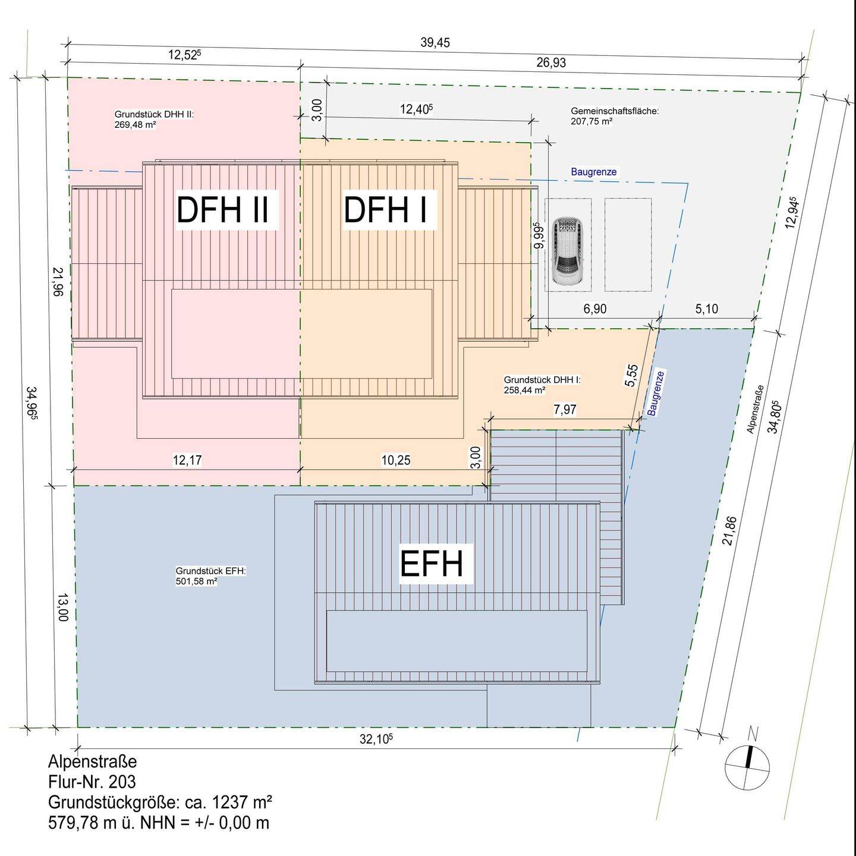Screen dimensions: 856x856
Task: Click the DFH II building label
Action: point(222,210)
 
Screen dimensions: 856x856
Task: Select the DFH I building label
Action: point(386,210)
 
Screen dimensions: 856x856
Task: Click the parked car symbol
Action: point(567,250)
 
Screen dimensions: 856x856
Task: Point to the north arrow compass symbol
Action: point(748,764)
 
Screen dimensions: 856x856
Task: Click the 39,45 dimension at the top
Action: point(435,43)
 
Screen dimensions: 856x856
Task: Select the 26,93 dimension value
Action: point(551,62)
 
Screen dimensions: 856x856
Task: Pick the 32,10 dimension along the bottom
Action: point(376,739)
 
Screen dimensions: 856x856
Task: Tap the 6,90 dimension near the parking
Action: point(594,309)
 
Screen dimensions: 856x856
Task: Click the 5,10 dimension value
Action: point(706,309)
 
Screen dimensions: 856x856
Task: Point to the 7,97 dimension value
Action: point(565,409)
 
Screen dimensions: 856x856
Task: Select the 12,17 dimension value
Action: point(187,460)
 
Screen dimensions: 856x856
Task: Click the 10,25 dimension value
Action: point(396,460)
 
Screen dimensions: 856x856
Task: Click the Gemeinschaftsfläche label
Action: point(615,111)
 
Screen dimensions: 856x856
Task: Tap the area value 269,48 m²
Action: point(135,125)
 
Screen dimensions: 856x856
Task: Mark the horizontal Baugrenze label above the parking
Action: point(594,172)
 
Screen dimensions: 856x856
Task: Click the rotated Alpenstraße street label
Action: point(755,408)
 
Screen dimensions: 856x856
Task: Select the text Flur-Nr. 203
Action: point(92,781)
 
